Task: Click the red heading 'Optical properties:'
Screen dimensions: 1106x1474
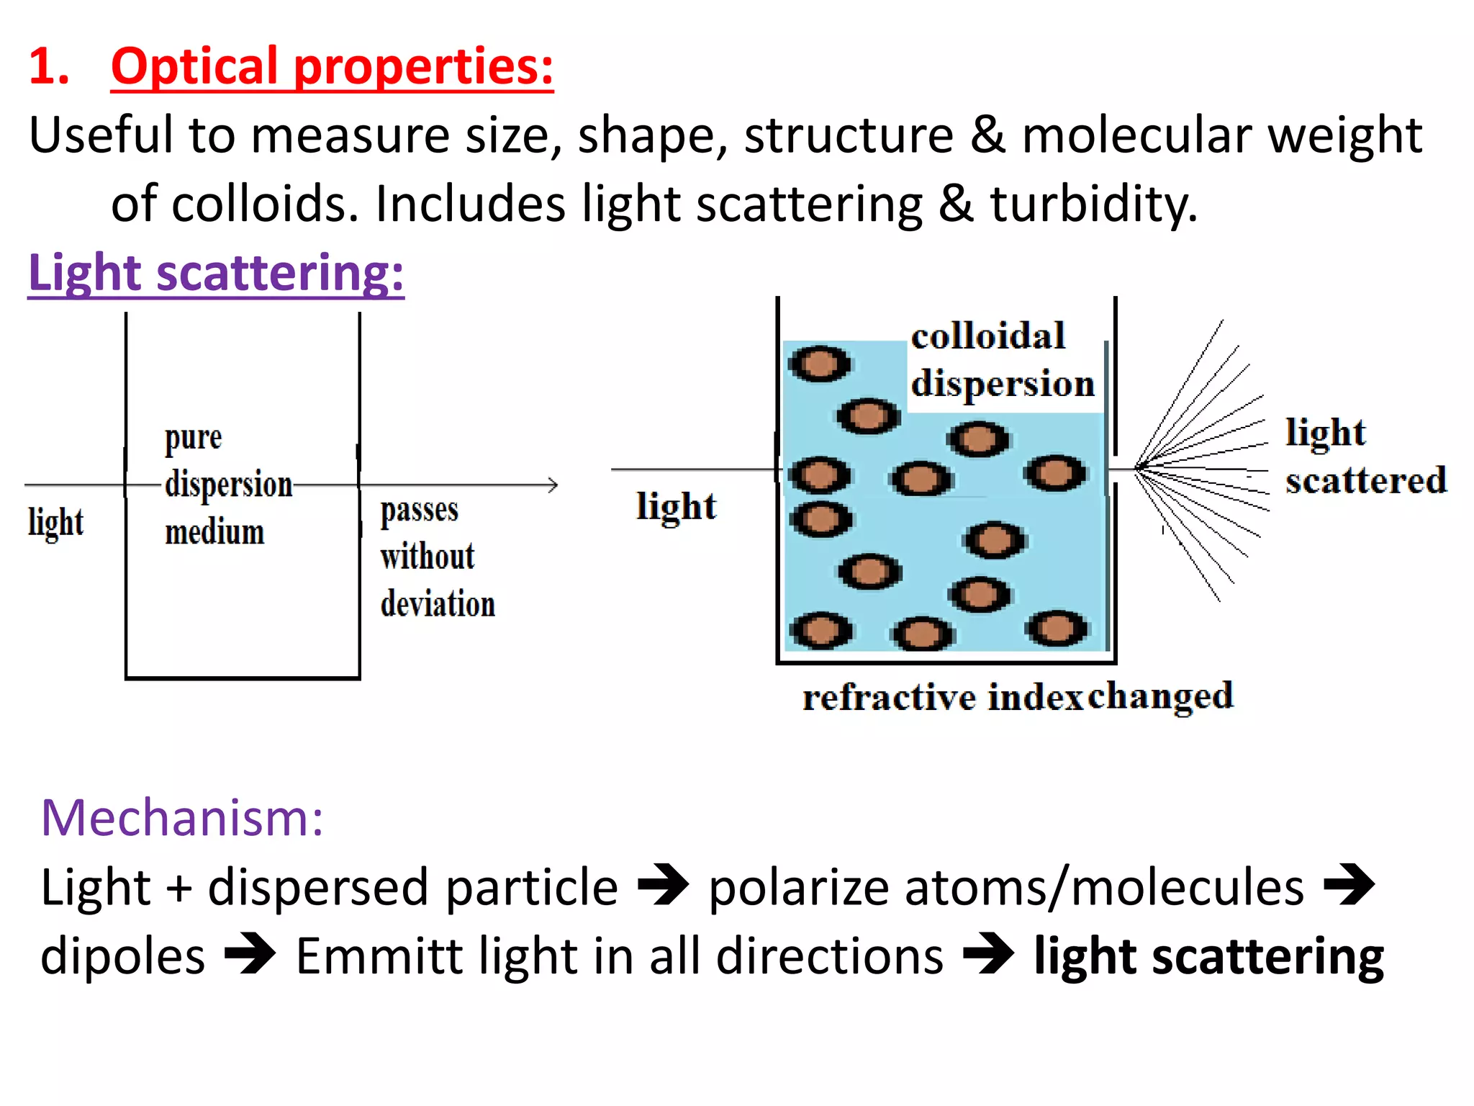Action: click(332, 66)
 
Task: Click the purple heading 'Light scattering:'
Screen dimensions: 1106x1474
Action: click(216, 273)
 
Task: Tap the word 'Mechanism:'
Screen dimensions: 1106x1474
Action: click(182, 818)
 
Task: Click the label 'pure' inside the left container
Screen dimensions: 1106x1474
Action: click(193, 438)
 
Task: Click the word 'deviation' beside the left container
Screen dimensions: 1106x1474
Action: click(438, 603)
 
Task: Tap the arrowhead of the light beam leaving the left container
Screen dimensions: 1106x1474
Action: click(553, 485)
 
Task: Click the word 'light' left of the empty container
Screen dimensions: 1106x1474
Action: click(55, 522)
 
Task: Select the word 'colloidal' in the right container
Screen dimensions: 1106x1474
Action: click(987, 336)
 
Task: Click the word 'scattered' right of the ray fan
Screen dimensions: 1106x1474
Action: click(1365, 480)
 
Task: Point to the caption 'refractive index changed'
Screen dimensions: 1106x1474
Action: click(1018, 696)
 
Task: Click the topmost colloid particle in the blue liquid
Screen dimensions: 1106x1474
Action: click(820, 363)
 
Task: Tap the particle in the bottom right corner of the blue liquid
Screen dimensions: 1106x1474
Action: click(1057, 628)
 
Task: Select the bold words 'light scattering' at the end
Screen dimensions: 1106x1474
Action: click(1208, 957)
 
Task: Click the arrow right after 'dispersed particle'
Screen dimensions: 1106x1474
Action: click(663, 885)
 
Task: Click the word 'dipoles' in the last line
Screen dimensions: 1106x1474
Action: click(123, 957)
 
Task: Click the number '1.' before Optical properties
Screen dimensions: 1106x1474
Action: click(49, 66)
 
